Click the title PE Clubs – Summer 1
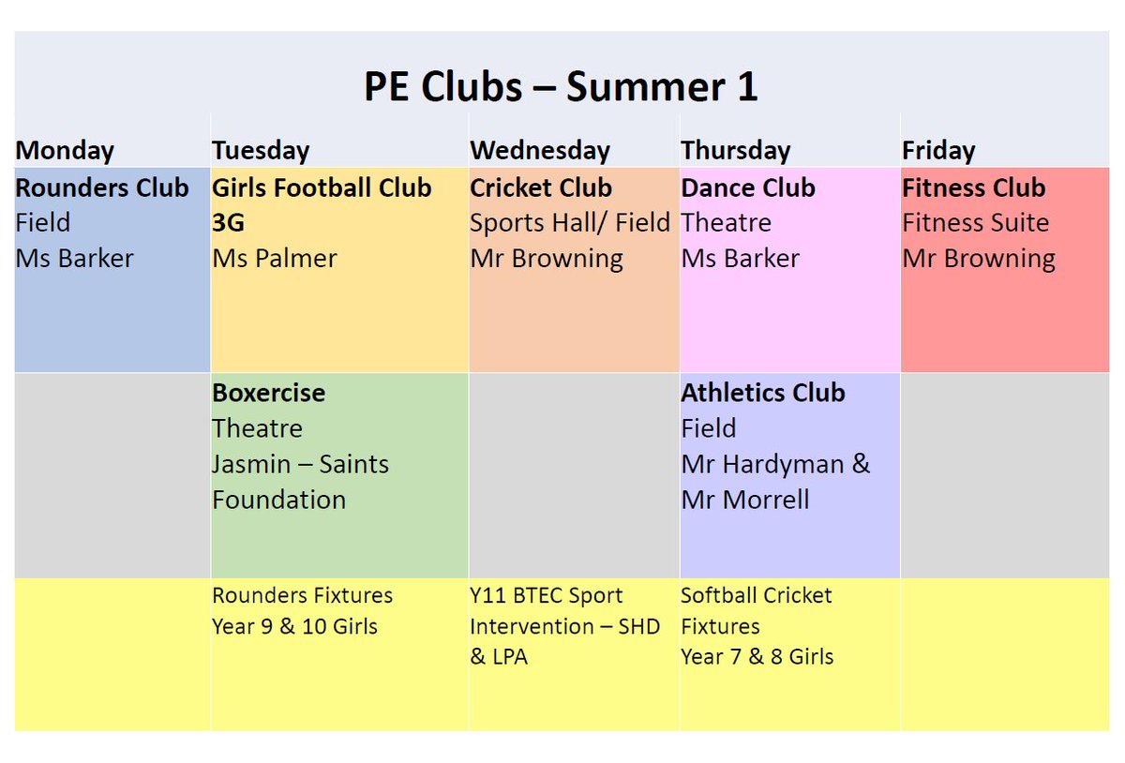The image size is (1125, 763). (561, 87)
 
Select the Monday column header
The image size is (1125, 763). (65, 150)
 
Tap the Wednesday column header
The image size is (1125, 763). (540, 150)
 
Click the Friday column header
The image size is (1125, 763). (938, 150)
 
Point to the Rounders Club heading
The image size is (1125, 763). (102, 187)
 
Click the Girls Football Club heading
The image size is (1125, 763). (322, 187)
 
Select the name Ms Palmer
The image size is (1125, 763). (274, 259)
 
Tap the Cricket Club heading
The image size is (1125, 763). (541, 187)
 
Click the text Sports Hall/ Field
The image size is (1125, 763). (570, 223)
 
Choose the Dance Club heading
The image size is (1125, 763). (748, 187)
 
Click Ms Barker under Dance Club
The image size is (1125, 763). (741, 259)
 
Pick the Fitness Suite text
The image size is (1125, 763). (975, 223)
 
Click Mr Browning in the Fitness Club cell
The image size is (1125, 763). (979, 259)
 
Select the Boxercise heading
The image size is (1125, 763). (269, 393)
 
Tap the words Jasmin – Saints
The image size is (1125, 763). (300, 464)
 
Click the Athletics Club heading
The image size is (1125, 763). (763, 393)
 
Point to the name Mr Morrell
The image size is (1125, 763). (745, 500)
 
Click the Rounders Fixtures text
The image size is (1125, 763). (302, 596)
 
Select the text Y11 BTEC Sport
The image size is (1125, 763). (547, 596)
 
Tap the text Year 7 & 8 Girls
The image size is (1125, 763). (757, 657)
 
